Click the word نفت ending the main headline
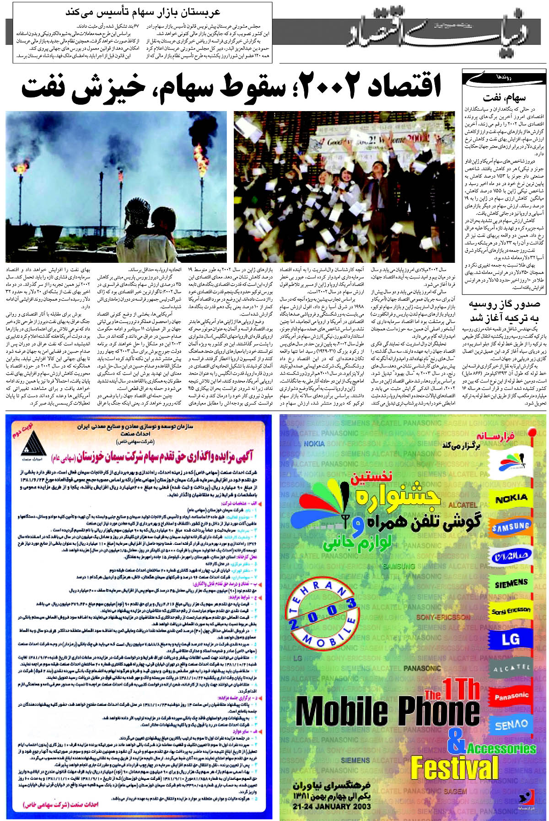tap(45, 87)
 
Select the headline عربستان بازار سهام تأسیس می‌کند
tap(143, 12)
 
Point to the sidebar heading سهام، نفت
tap(504, 97)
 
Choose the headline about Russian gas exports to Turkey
tap(504, 311)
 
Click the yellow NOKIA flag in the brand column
tap(511, 499)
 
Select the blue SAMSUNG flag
tap(511, 528)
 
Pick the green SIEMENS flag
tap(511, 584)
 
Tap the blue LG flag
tap(511, 640)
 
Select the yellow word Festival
tap(454, 768)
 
